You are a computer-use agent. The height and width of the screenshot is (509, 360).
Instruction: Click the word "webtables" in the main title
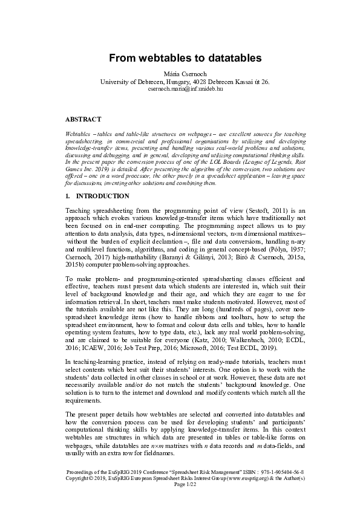pyautogui.click(x=158, y=58)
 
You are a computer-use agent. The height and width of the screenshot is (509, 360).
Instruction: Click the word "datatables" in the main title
pyautogui.click(x=229, y=58)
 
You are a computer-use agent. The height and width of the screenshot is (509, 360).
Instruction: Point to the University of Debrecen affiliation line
pyautogui.click(x=185, y=81)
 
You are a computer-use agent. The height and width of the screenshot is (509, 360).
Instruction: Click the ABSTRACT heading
pyautogui.click(x=83, y=119)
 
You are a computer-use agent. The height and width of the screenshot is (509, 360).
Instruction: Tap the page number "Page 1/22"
pyautogui.click(x=185, y=484)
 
